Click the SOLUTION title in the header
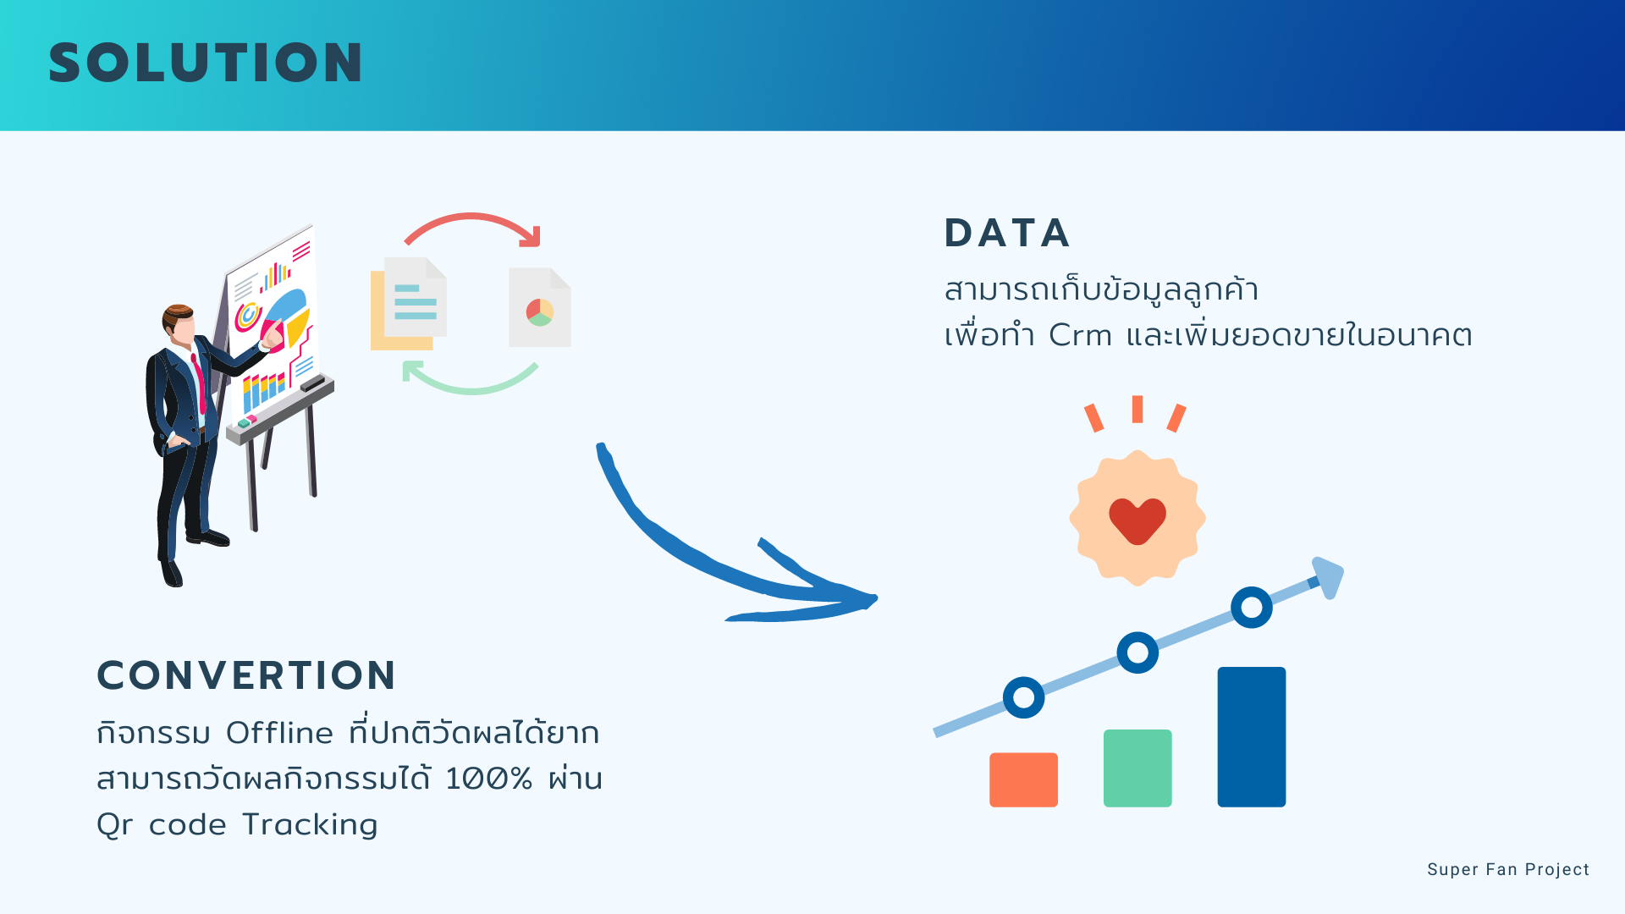[206, 63]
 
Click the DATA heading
[1007, 233]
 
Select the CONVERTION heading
[246, 675]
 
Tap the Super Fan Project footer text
[1508, 869]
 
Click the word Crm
[1080, 335]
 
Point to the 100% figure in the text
[489, 779]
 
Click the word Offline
[279, 732]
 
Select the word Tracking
[310, 825]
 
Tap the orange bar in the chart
[1023, 779]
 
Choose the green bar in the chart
[1137, 768]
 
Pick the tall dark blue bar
[1252, 737]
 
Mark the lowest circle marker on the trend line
[1024, 697]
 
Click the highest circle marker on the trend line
[1252, 607]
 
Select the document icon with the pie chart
[540, 307]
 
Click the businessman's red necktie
[199, 381]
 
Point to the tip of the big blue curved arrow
[877, 600]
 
